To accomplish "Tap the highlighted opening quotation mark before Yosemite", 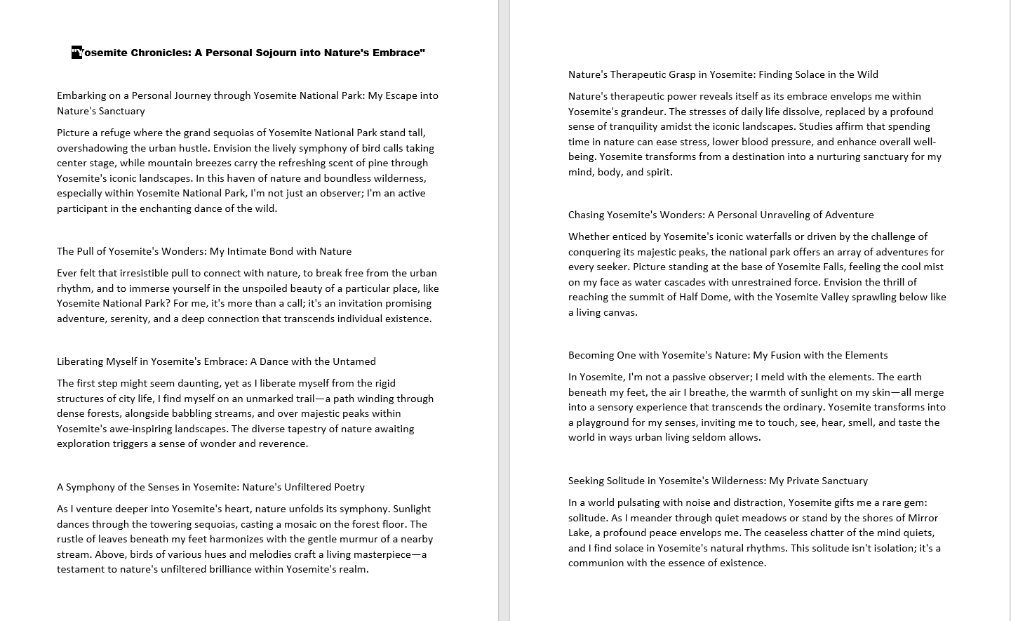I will (76, 53).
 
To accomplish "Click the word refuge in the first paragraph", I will (109, 133).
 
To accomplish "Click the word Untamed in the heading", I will (356, 361).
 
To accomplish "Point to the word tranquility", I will (626, 126).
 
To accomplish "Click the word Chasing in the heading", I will (586, 215).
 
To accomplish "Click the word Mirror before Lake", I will (922, 518).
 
